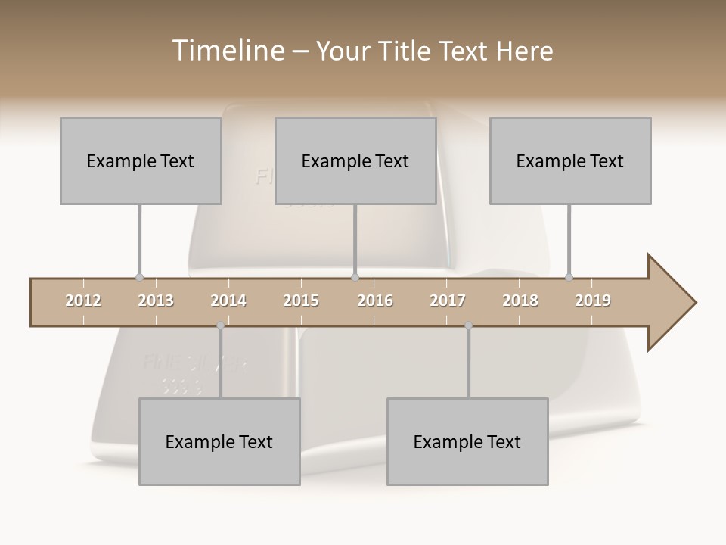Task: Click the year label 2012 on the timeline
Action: click(x=83, y=301)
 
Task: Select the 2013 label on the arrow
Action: click(x=156, y=301)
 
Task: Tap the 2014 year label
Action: click(x=228, y=301)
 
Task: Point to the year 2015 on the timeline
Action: click(x=301, y=301)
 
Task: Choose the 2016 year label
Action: click(x=375, y=301)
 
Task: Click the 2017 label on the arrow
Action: click(x=448, y=301)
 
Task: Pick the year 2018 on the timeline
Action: click(x=520, y=301)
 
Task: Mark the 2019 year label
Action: click(x=593, y=301)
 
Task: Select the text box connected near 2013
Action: click(x=141, y=160)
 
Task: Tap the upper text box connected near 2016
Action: click(x=355, y=160)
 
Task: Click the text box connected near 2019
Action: click(x=570, y=160)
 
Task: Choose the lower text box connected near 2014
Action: click(x=219, y=441)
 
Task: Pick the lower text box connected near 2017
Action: click(x=467, y=441)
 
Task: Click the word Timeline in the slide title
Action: click(x=226, y=51)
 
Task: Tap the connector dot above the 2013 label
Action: click(x=139, y=277)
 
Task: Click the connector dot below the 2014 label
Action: click(x=220, y=325)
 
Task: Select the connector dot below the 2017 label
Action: click(x=468, y=325)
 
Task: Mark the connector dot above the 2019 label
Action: click(x=569, y=277)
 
